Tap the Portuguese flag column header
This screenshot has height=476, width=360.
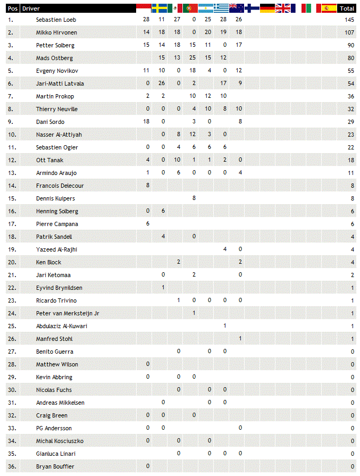[190, 8]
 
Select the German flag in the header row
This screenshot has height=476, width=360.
[267, 8]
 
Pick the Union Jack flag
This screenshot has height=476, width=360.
[282, 8]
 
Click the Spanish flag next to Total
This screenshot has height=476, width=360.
[329, 8]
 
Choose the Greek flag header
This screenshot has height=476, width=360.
[221, 8]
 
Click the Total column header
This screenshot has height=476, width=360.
[347, 9]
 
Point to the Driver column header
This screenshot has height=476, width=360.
[31, 9]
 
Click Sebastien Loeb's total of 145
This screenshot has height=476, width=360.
[349, 20]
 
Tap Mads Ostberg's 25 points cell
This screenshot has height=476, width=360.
[193, 58]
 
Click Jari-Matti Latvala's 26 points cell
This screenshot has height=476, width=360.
[162, 83]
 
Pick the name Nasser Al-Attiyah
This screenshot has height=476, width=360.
[59, 135]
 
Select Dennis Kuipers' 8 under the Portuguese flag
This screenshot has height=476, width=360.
[194, 198]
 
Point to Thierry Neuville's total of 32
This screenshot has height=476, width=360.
[350, 109]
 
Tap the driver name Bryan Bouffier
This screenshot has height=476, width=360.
[55, 466]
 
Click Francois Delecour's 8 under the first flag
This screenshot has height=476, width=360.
[147, 186]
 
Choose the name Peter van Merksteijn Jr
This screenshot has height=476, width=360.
[68, 313]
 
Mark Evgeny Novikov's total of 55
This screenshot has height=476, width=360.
[350, 71]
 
